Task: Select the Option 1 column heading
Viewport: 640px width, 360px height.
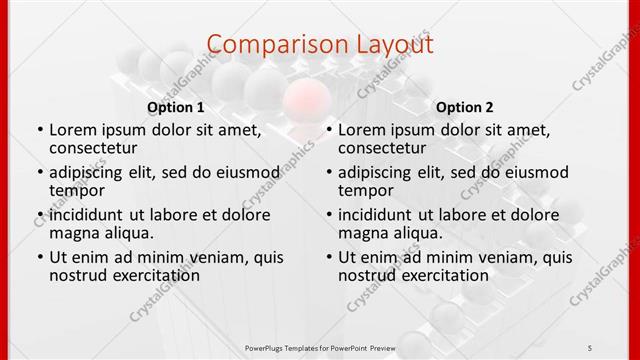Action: coord(176,106)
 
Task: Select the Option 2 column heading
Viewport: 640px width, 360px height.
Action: coord(465,106)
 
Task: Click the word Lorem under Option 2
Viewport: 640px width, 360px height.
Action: coord(362,130)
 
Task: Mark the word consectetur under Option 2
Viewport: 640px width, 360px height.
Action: coord(382,148)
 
